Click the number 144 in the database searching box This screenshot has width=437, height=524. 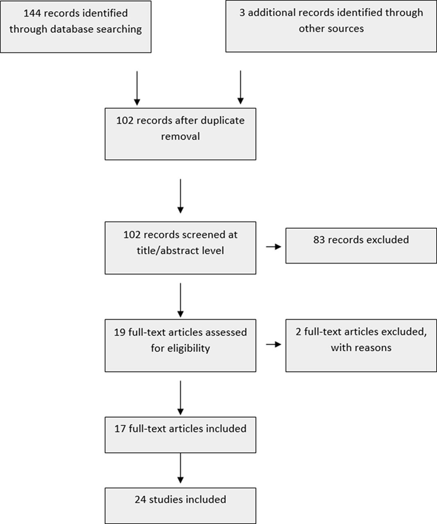coord(32,13)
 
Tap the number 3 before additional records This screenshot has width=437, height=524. coord(242,13)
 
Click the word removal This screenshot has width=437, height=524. coord(180,136)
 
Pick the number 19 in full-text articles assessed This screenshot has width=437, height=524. coord(120,332)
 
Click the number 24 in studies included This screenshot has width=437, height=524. coord(140,499)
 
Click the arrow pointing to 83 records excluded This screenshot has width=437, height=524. coord(274,247)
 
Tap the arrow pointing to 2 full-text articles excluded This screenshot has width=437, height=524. coord(274,345)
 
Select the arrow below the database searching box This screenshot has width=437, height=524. coord(137,88)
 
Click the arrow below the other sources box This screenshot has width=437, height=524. coord(240,87)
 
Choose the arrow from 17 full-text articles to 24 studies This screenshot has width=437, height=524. coord(180,468)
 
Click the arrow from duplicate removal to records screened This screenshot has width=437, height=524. coord(180,196)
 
